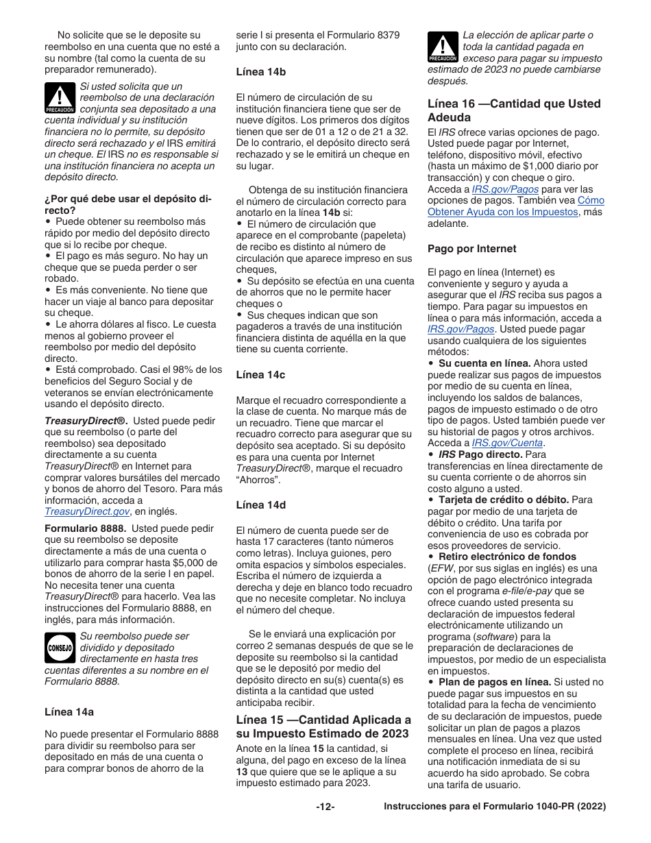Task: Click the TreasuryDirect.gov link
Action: (87, 511)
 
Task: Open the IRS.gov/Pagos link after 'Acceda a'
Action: (505, 189)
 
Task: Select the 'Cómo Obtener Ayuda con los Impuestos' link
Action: (516, 206)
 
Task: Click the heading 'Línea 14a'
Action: (69, 713)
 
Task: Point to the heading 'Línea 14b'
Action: (260, 72)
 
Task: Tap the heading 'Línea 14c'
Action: (260, 375)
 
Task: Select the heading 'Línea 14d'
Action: (260, 505)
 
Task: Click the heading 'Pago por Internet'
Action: (472, 249)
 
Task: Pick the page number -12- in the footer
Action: (325, 807)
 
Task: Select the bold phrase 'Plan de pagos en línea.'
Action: (495, 682)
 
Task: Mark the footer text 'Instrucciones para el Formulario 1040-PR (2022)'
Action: (495, 807)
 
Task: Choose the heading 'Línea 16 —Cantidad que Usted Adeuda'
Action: (514, 110)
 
